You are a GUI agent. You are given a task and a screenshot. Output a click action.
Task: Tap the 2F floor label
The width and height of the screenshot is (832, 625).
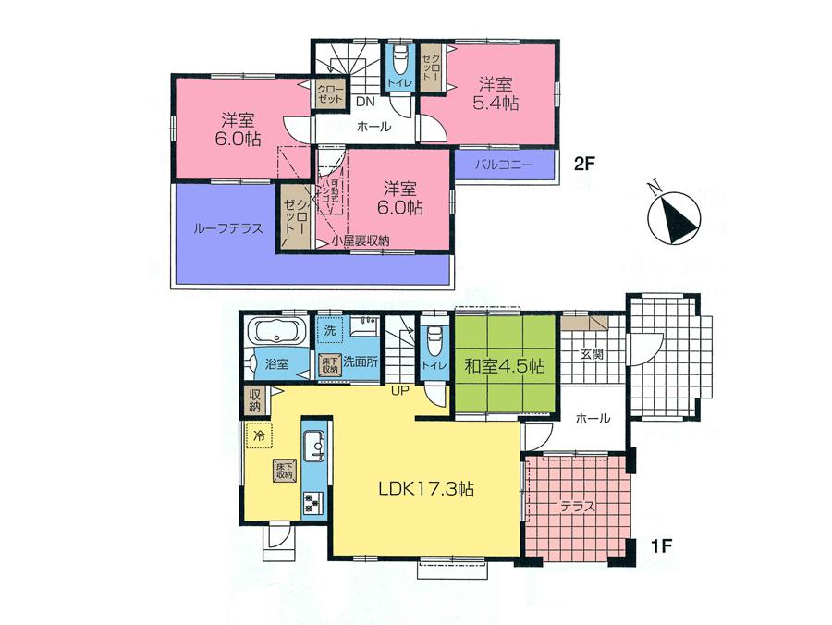click(585, 166)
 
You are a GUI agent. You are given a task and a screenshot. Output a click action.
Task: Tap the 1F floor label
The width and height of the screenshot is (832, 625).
click(660, 545)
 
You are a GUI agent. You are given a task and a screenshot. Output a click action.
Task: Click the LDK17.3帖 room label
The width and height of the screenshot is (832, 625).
click(424, 490)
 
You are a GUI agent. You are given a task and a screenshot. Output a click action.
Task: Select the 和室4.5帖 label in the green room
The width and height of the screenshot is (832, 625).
click(504, 366)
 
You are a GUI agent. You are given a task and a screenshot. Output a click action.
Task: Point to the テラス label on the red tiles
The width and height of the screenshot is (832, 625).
click(578, 507)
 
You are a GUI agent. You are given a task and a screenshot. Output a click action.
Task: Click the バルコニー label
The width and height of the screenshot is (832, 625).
click(505, 166)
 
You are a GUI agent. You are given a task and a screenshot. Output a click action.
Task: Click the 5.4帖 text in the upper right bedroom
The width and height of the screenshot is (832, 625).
click(494, 104)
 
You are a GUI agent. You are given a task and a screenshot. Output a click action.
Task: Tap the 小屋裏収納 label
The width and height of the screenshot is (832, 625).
click(361, 241)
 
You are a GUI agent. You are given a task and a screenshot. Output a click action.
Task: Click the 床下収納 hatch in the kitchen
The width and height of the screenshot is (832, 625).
click(284, 469)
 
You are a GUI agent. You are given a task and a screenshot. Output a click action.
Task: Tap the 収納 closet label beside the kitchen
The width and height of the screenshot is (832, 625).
click(255, 400)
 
